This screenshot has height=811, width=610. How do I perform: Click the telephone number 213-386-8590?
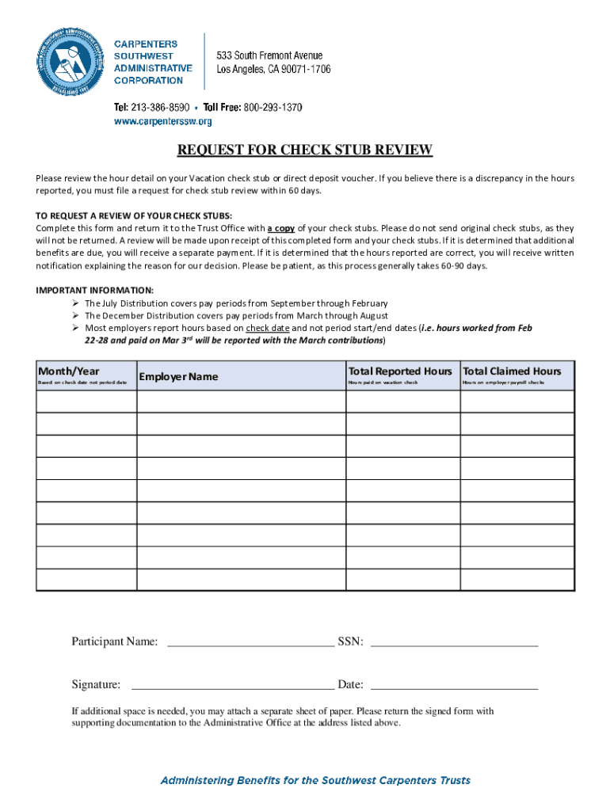(163, 107)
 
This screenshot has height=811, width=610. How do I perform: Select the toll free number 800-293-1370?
(273, 107)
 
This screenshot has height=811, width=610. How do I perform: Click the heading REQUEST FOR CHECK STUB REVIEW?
(305, 150)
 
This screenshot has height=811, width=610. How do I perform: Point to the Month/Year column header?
(69, 371)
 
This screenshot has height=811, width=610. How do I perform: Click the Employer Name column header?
(178, 376)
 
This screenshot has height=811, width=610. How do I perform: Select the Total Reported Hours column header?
(400, 371)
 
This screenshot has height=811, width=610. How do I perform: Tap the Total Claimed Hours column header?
(512, 371)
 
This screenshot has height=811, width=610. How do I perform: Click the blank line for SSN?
(454, 642)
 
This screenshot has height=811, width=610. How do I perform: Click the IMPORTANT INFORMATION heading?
(95, 290)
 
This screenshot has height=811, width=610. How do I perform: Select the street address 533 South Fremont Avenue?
(270, 55)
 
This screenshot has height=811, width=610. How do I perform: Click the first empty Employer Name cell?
(241, 401)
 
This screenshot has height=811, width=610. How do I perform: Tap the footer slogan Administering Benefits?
(315, 780)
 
